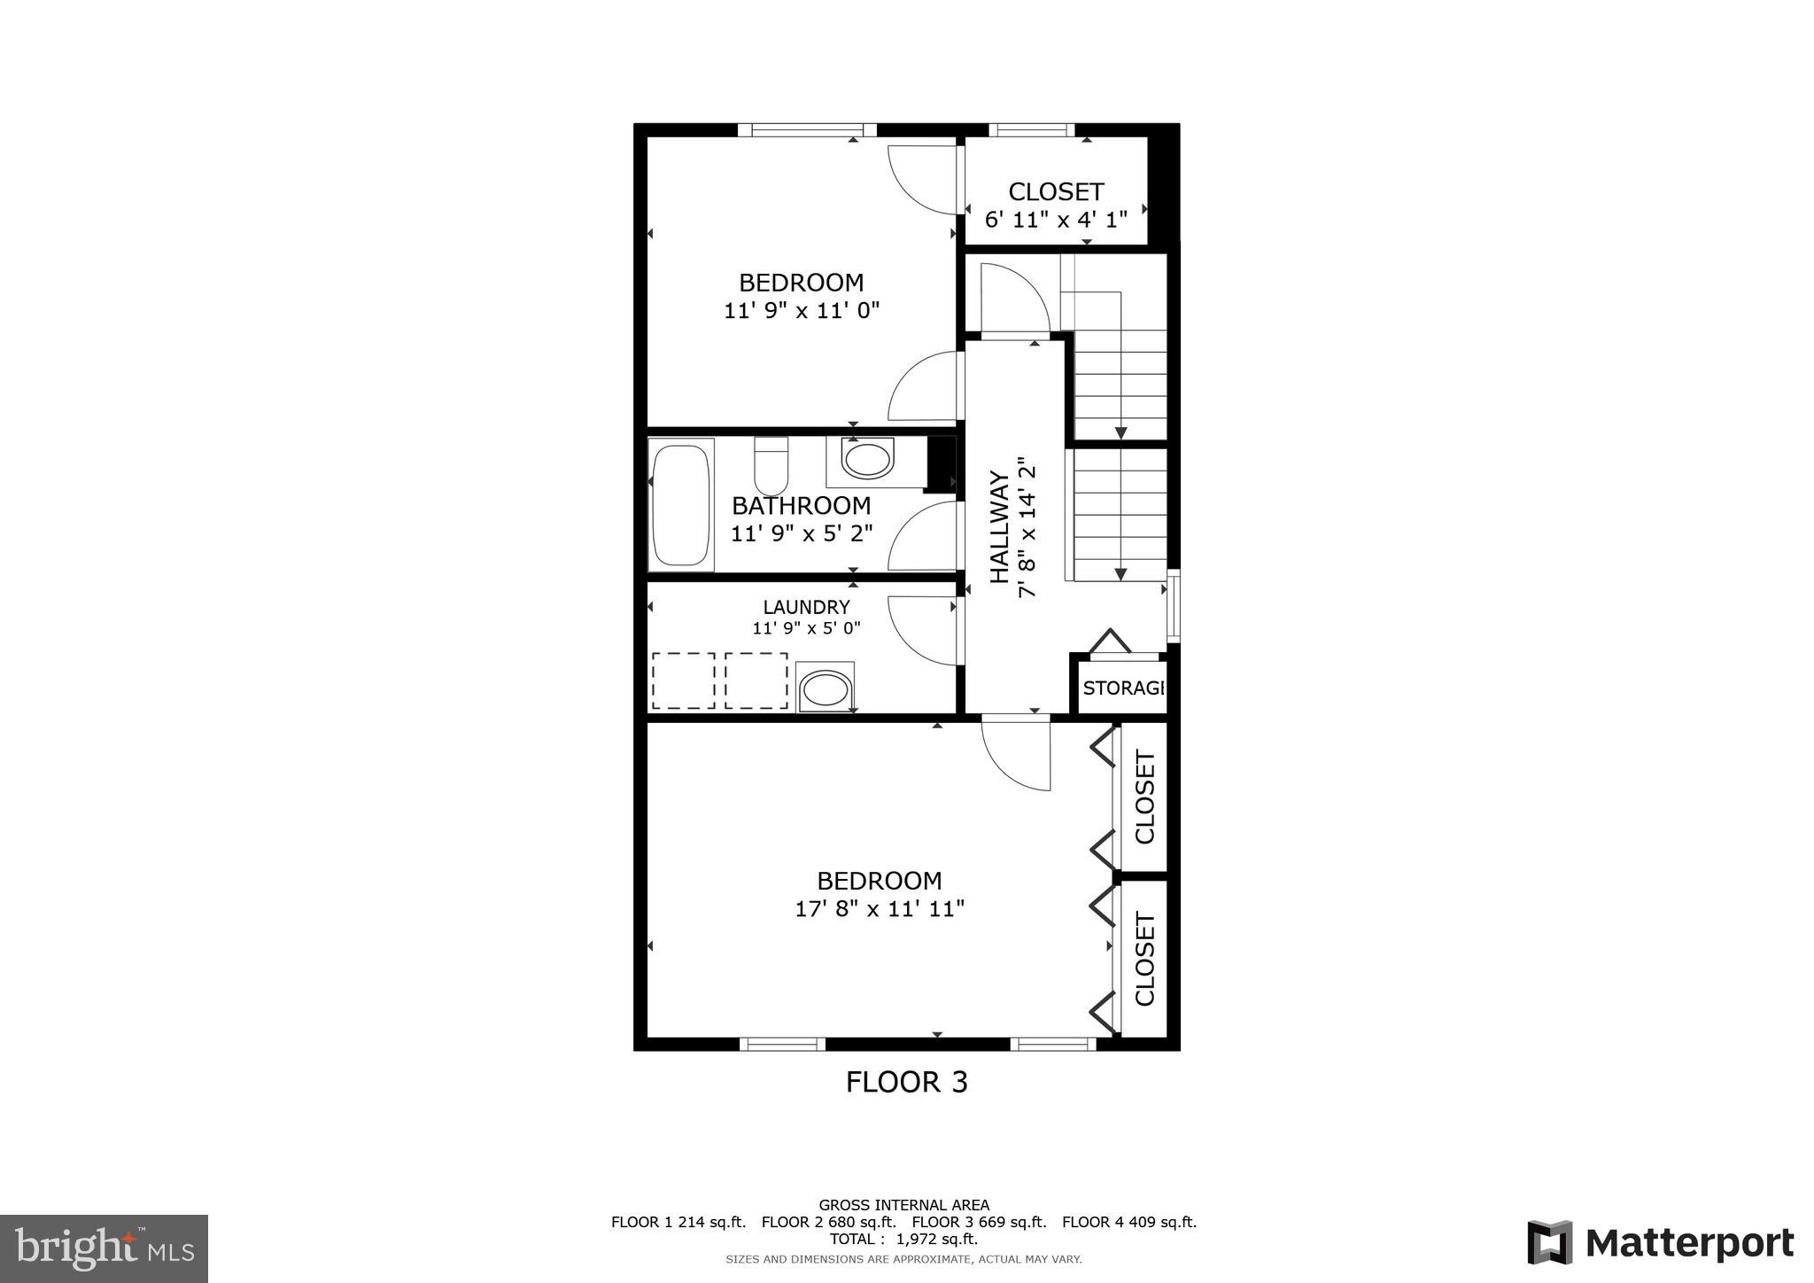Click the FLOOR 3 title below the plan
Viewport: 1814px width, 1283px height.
click(906, 1082)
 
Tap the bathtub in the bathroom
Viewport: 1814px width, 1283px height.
click(681, 505)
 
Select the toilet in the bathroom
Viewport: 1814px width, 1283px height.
click(771, 466)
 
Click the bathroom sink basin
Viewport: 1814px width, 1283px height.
click(867, 461)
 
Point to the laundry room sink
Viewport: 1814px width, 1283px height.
click(825, 688)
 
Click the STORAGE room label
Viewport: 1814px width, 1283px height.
click(1122, 688)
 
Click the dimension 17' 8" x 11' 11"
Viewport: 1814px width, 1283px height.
click(879, 909)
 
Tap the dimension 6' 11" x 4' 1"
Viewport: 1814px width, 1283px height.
click(1056, 219)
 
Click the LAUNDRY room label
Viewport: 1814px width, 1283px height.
click(806, 607)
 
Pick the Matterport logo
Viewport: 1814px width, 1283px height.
click(1660, 1243)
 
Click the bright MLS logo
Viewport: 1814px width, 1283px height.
click(104, 1248)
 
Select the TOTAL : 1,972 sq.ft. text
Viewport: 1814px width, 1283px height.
click(903, 1239)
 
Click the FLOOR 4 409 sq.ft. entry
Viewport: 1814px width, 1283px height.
click(1129, 1222)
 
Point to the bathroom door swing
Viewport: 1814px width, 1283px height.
click(921, 537)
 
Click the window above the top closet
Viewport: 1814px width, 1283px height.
click(1032, 130)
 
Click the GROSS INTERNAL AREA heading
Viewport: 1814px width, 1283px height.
click(903, 1205)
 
